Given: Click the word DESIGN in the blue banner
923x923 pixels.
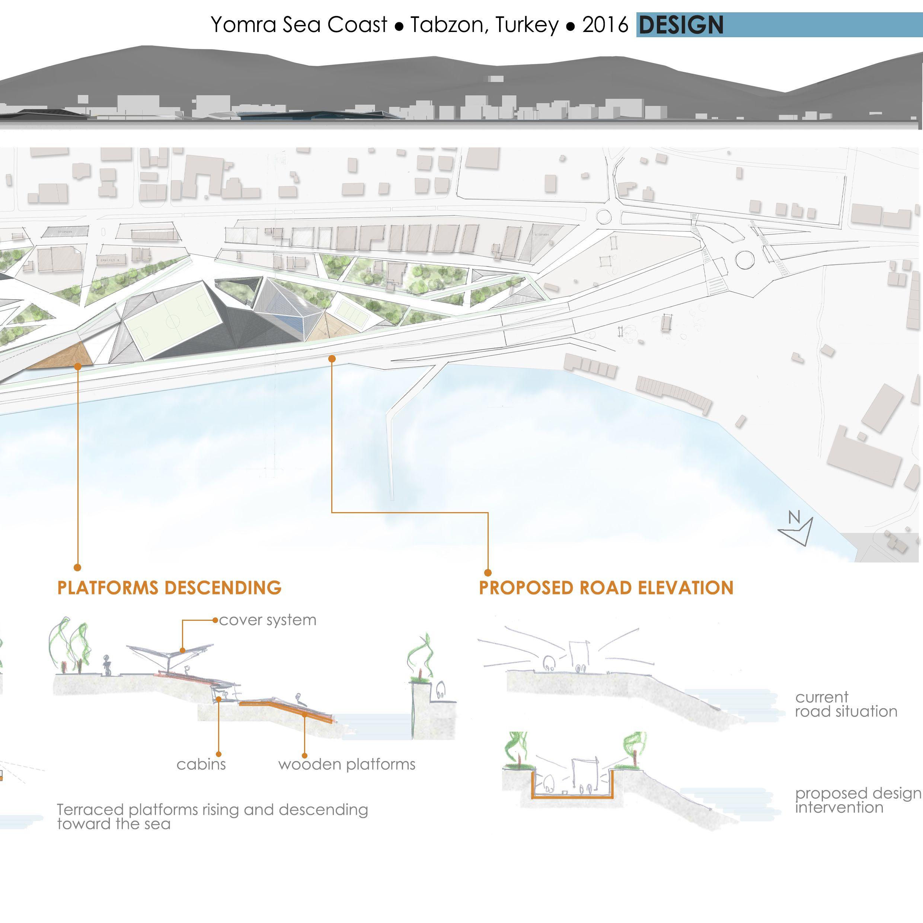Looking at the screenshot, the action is [681, 25].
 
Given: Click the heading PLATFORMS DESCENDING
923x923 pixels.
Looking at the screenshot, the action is [169, 588].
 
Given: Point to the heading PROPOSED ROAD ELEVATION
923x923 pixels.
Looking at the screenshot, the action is [606, 588].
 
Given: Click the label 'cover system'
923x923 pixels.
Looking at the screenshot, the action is [268, 620].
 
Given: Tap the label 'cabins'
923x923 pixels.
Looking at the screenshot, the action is [201, 764].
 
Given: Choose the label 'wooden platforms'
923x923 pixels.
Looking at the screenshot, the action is [347, 764].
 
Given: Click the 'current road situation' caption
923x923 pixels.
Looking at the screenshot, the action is [846, 704].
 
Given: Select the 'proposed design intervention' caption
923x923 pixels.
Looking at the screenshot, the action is [857, 800].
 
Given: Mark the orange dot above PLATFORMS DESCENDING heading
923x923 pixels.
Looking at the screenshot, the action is [77, 567].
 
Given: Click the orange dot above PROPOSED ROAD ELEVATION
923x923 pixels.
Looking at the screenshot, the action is [488, 572].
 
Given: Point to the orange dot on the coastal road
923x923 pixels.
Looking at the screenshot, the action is [332, 359].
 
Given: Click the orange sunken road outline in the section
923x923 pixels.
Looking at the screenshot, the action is [572, 797].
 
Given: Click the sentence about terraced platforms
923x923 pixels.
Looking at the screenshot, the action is [212, 817].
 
